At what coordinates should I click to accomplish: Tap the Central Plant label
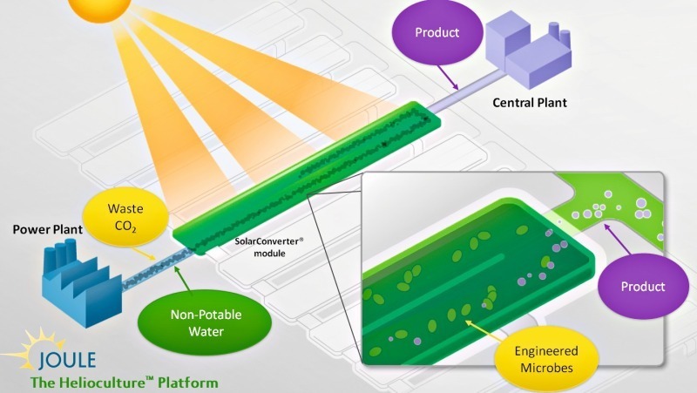pos(529,103)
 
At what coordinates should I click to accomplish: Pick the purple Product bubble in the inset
pos(643,286)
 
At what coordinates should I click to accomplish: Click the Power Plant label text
pos(47,230)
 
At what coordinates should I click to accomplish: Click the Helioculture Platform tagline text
pos(124,383)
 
